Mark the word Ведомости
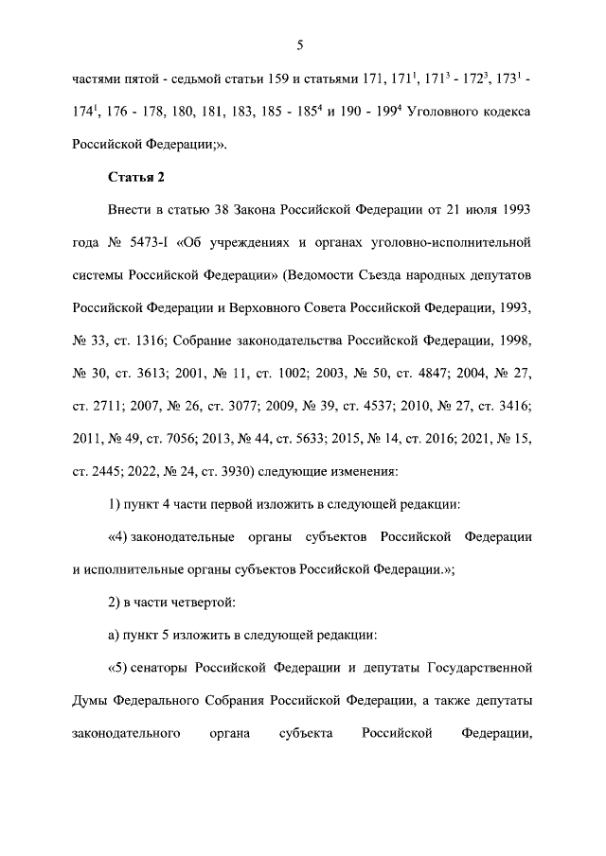coord(340,274)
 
